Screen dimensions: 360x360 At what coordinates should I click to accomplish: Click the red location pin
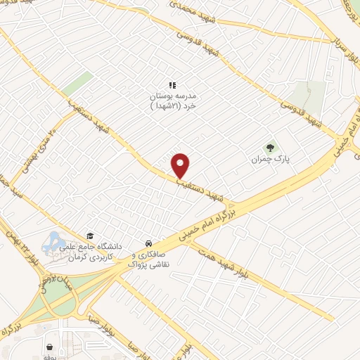coord(181,165)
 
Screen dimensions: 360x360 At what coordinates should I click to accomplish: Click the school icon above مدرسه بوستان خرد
coord(172,85)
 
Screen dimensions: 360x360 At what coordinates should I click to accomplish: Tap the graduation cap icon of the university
coord(89,236)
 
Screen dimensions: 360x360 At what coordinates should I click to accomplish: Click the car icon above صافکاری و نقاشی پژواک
coord(146,238)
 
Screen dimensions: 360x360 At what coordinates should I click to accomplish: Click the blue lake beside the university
coord(53,243)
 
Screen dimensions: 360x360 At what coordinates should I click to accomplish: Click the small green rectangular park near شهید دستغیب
coord(77,85)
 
